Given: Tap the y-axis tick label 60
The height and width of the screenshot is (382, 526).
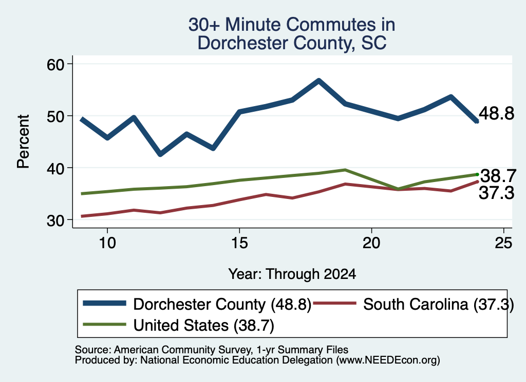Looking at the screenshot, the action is (x=55, y=65).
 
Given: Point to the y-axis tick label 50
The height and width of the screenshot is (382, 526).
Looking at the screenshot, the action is (x=55, y=116).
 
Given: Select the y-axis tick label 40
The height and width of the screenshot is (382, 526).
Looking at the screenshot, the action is (x=55, y=168).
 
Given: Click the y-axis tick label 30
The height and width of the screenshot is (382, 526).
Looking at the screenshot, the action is (x=55, y=220).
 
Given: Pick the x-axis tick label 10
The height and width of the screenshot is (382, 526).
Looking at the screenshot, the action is (x=107, y=243).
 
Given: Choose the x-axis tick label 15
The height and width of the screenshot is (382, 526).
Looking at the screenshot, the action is (x=239, y=243).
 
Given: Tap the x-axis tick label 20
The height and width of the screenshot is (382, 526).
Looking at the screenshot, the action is (x=371, y=243).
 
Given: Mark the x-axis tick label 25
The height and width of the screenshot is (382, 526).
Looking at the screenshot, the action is (x=503, y=243).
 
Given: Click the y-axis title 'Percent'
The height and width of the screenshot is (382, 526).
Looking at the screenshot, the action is (x=23, y=142).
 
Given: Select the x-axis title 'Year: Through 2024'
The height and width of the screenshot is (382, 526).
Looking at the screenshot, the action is (x=292, y=274).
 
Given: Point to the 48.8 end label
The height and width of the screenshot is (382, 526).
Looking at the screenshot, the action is (x=497, y=113).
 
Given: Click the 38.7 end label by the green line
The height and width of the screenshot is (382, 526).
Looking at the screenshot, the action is (x=498, y=176).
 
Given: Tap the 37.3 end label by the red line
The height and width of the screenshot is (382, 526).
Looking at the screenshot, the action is (x=497, y=193).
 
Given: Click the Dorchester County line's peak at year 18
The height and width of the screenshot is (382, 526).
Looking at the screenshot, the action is (x=318, y=81).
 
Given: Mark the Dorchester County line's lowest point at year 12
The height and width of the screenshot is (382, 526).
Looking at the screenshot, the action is (x=160, y=154).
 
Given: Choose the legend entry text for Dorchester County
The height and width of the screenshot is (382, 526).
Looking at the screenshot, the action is (x=222, y=305).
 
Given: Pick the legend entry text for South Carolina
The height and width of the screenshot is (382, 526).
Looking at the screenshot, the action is (x=439, y=305).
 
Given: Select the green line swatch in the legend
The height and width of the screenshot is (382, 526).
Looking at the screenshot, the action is (x=105, y=325).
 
